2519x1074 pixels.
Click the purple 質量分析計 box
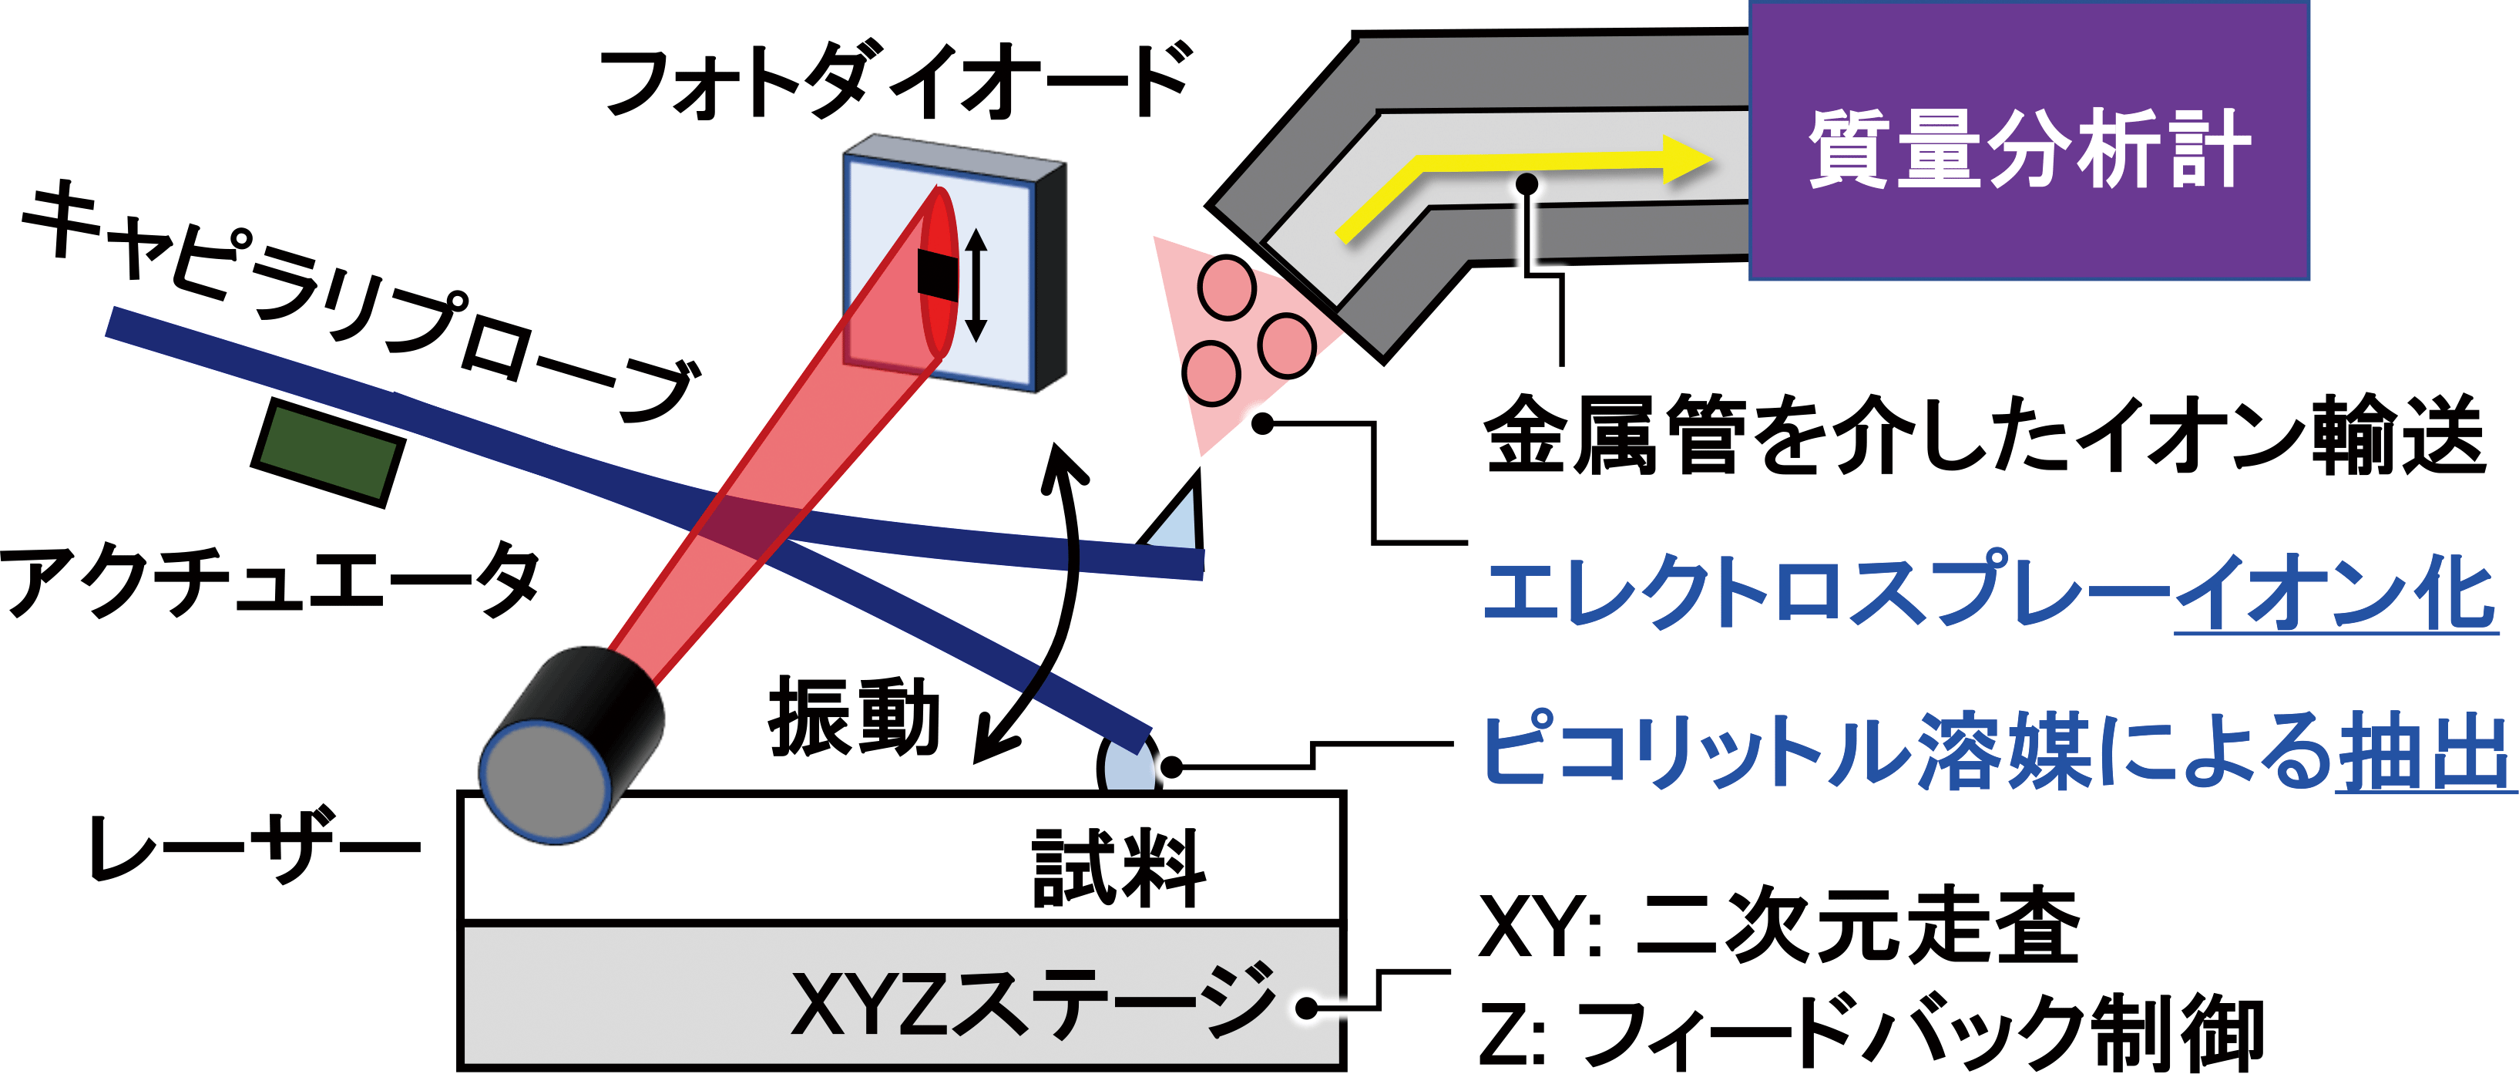pos(2028,142)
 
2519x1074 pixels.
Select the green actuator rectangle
pos(327,451)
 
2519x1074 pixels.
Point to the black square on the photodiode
pos(938,274)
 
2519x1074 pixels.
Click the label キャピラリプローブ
pos(362,298)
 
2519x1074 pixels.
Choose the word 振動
pos(853,719)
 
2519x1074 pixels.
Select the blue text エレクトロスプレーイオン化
pos(1990,593)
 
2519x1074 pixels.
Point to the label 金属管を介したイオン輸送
pos(1985,436)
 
